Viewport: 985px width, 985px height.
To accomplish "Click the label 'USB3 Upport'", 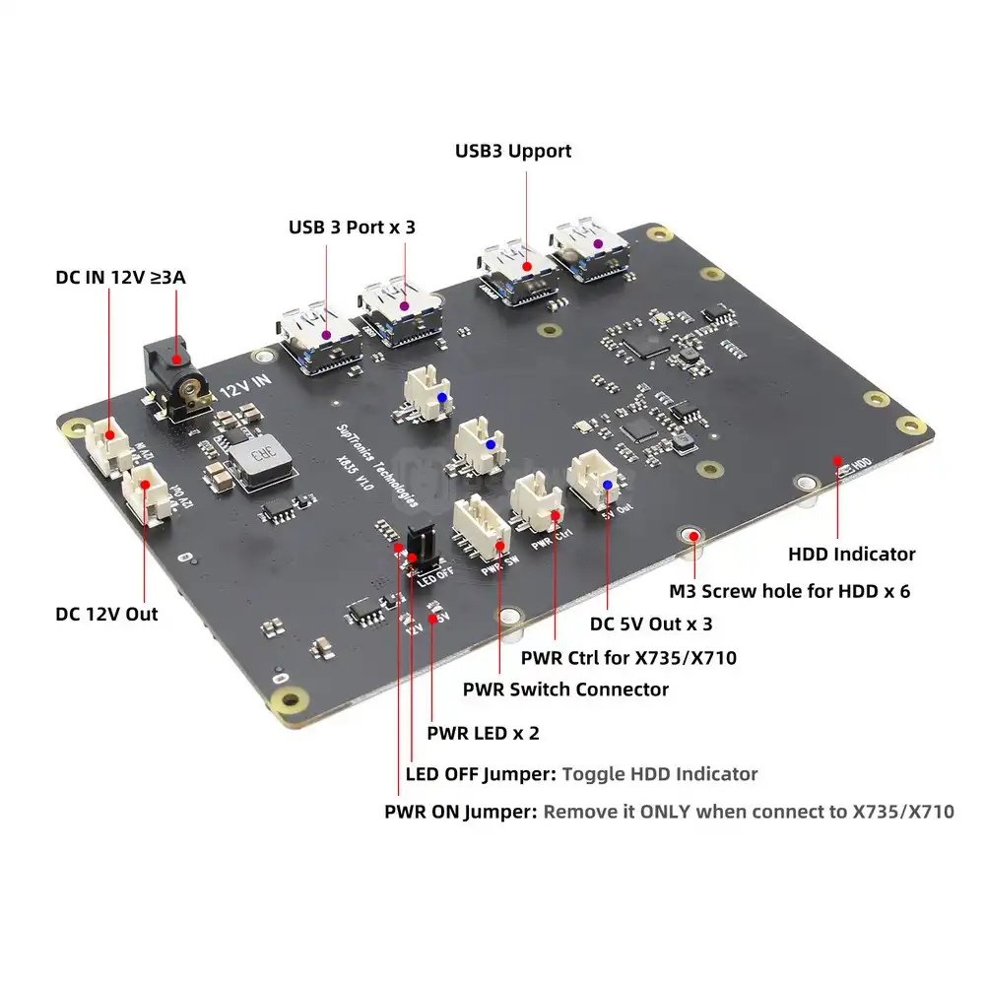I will [512, 151].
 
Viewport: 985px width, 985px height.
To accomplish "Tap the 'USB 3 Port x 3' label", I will [352, 227].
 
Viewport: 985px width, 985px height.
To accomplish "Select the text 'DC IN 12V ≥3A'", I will [120, 277].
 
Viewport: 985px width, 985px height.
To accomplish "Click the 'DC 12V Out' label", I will [106, 614].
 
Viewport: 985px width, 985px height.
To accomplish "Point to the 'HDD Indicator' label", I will [852, 554].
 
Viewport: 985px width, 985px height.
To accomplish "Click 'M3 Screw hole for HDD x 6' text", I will [791, 591].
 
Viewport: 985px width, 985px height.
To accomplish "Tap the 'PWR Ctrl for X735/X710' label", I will [628, 657].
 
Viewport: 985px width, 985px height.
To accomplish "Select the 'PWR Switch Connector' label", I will [565, 689].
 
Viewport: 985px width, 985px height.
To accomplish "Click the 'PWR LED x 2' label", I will [483, 733].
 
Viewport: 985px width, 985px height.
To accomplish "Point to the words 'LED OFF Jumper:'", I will [481, 773].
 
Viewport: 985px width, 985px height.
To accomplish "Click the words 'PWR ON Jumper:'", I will [461, 813].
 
